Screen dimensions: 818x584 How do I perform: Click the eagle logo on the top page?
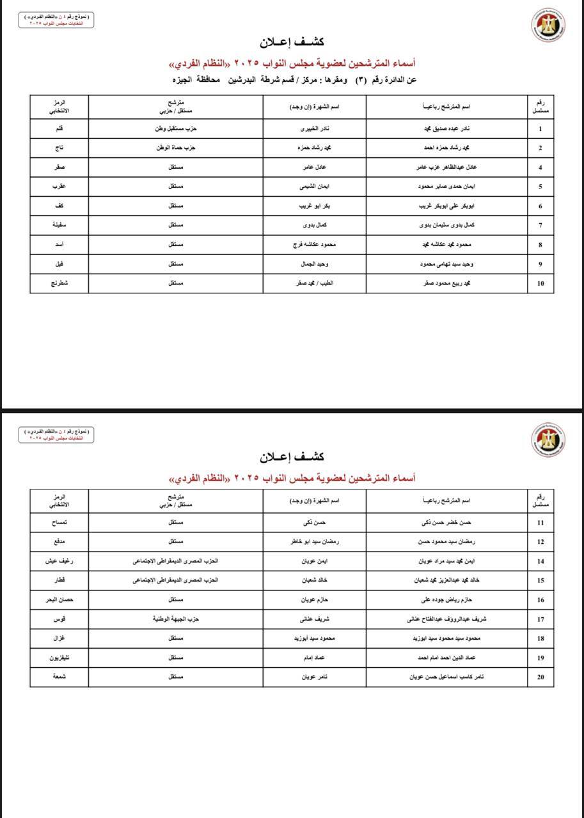(x=548, y=26)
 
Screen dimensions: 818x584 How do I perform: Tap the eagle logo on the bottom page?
(x=548, y=440)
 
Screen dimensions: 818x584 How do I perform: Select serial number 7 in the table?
(x=541, y=226)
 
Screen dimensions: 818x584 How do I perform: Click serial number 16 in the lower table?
(x=541, y=600)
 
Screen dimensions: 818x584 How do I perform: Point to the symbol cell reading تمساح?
(x=59, y=523)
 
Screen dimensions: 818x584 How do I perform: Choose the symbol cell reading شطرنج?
(x=59, y=283)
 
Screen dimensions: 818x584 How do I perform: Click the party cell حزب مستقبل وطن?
(x=176, y=129)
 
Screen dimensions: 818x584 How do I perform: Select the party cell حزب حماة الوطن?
(x=176, y=148)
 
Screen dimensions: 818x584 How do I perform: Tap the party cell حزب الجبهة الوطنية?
(x=176, y=619)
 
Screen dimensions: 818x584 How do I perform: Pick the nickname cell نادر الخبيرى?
(x=315, y=129)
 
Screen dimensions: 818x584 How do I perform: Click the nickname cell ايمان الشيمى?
(x=315, y=187)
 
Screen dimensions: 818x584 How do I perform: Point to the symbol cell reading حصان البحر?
(x=59, y=600)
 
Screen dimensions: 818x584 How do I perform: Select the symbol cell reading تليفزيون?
(x=59, y=658)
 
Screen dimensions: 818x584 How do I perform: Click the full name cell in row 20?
(x=446, y=677)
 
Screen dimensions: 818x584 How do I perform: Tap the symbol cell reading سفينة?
(x=59, y=226)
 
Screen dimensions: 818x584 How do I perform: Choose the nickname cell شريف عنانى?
(x=315, y=619)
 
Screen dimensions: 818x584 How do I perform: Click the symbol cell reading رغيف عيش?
(x=59, y=561)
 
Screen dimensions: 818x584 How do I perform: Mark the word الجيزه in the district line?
(x=185, y=79)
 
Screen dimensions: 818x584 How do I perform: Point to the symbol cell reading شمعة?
(x=59, y=677)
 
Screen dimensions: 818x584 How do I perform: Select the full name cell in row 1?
(x=446, y=129)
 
